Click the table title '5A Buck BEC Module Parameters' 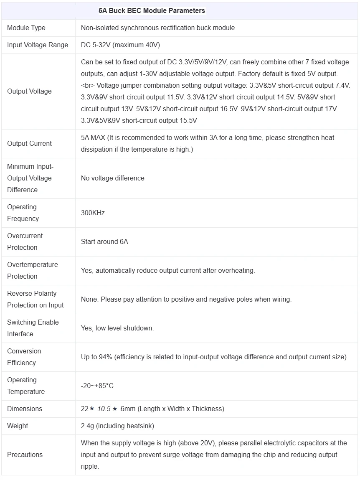tap(152, 11)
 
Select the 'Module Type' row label tap(26, 28)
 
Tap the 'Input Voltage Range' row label tap(38, 45)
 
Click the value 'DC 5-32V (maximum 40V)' tap(120, 45)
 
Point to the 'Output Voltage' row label tap(29, 91)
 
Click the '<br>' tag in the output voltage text tap(88, 85)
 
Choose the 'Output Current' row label tap(29, 143)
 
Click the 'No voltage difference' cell tap(112, 178)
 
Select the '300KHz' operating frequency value tap(93, 213)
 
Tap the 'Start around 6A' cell tap(104, 241)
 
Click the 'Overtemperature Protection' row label tap(33, 270)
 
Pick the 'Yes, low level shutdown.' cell tap(117, 328)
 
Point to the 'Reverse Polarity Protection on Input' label tap(35, 299)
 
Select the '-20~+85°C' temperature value tap(97, 386)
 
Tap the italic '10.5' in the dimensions tap(104, 409)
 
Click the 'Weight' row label tap(18, 426)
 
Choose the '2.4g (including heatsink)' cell tap(117, 426)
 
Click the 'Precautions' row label tap(25, 455)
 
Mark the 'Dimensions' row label tap(25, 409)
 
